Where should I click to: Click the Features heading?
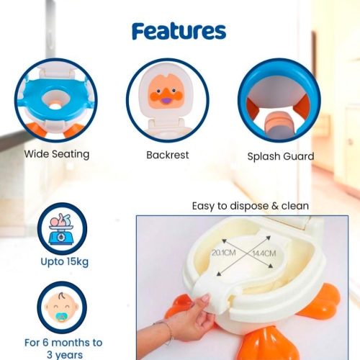coord(179,32)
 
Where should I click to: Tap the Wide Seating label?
coord(57,154)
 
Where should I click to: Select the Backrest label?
coord(168,155)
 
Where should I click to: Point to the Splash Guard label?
coord(281,156)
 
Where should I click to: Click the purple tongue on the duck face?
coord(165,100)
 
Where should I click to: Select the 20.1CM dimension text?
coord(223,253)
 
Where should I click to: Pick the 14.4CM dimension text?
coord(264,253)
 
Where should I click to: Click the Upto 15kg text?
coord(65,261)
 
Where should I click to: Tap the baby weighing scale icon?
coord(61,229)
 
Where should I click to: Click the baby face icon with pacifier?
coord(62,307)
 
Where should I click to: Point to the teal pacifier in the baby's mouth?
coord(62,318)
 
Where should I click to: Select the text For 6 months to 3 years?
coord(63,348)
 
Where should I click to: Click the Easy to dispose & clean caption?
coord(251,206)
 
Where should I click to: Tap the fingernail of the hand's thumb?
coord(205,298)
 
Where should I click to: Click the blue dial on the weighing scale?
coord(61,237)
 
